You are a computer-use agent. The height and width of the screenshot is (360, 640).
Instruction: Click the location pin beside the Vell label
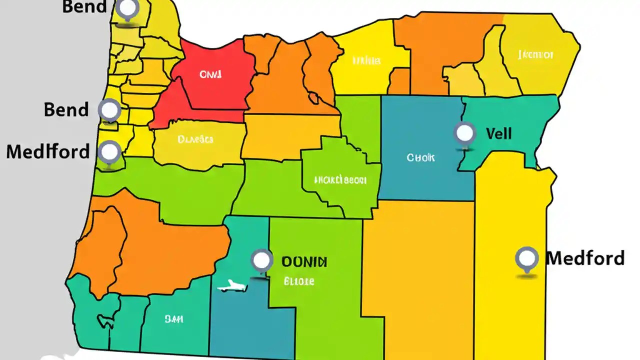(x=465, y=133)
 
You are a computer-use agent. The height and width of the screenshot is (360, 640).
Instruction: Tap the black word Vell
(x=498, y=134)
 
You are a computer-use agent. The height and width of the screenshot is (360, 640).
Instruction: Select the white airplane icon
(x=232, y=287)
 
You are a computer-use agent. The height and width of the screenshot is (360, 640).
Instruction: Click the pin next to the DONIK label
(x=261, y=260)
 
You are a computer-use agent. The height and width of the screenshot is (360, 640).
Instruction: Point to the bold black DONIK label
(x=304, y=261)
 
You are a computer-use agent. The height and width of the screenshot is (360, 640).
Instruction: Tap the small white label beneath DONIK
(x=299, y=281)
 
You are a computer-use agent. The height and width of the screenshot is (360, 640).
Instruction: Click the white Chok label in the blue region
(x=420, y=157)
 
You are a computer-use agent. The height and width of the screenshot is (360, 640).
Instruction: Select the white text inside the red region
(x=210, y=74)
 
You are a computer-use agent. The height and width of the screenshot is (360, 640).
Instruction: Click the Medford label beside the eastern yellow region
(x=585, y=258)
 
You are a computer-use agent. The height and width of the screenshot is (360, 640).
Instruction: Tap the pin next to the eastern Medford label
(x=526, y=258)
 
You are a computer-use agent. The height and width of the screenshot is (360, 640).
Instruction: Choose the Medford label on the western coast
(x=48, y=151)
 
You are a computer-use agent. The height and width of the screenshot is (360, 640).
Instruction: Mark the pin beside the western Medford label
(x=109, y=151)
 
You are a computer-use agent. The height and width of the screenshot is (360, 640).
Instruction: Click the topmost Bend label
(x=84, y=7)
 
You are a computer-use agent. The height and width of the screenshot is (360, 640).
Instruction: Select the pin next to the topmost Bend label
(x=128, y=8)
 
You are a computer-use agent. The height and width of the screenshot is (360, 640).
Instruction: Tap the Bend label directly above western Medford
(x=66, y=109)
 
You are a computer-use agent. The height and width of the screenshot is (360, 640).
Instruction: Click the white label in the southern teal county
(x=174, y=318)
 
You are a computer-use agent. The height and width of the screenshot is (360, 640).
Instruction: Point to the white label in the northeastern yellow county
(x=535, y=54)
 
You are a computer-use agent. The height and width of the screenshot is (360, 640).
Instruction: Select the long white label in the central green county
(x=340, y=179)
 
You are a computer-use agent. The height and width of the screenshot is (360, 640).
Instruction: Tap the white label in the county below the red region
(x=195, y=139)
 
